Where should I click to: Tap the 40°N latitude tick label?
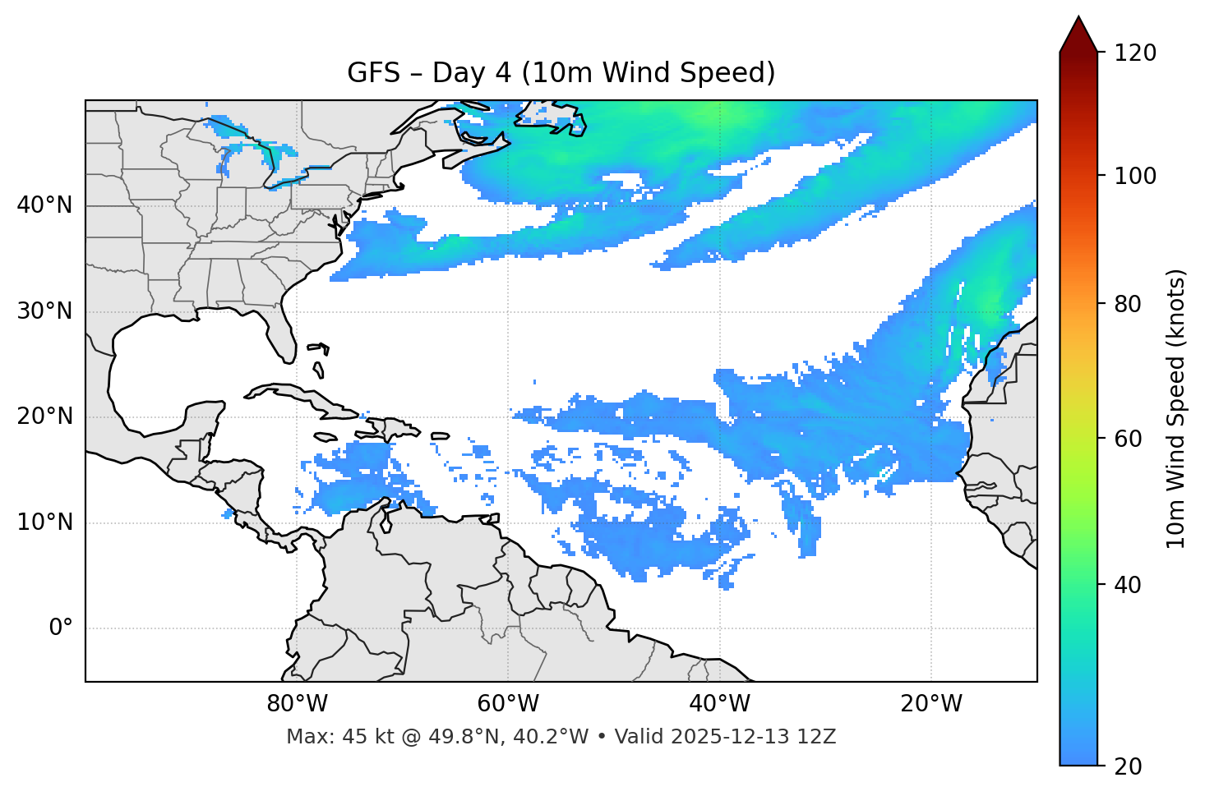(x=44, y=205)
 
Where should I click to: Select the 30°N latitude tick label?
(x=44, y=311)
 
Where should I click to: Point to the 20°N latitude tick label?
(x=44, y=416)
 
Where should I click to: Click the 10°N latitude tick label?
(x=44, y=522)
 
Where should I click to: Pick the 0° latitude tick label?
(x=61, y=628)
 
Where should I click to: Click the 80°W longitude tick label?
(x=297, y=704)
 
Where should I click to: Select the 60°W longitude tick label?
(x=508, y=704)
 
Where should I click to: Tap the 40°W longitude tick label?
(x=720, y=704)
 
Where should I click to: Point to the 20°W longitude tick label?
(x=931, y=704)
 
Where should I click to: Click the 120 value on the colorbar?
(x=1134, y=53)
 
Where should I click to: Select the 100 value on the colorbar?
(x=1134, y=176)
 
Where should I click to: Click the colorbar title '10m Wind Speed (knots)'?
(x=1176, y=408)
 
